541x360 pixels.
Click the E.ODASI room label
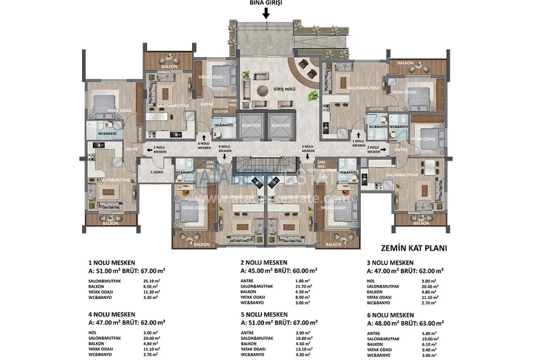coord(157,172)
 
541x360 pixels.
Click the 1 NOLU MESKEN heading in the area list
coord(110,262)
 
